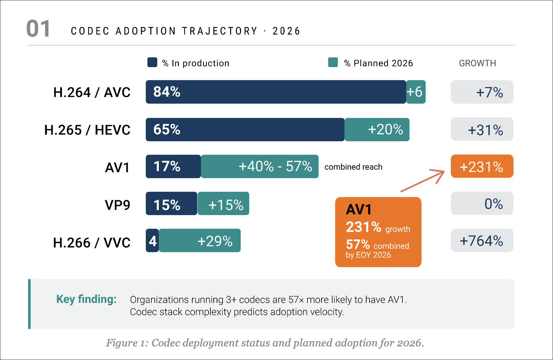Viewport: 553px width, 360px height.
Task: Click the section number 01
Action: click(x=38, y=29)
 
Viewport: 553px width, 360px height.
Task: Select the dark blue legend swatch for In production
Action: click(x=152, y=62)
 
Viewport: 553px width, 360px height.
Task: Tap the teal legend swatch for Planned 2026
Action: click(x=333, y=62)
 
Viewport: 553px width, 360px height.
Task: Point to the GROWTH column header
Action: click(x=477, y=63)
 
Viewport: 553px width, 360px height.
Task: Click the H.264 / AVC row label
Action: click(x=92, y=92)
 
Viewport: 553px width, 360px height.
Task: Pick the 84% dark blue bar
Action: click(x=276, y=92)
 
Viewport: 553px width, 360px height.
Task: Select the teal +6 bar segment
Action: click(x=416, y=92)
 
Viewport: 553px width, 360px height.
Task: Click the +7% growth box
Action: click(x=482, y=92)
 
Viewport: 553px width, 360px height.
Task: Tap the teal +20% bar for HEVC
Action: click(x=377, y=129)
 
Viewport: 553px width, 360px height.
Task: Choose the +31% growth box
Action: click(x=482, y=129)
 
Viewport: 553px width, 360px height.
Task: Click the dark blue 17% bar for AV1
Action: click(x=173, y=166)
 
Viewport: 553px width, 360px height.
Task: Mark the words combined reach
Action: click(x=353, y=167)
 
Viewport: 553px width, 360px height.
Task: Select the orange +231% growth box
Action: click(x=482, y=166)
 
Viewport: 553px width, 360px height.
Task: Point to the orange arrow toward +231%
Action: click(x=423, y=181)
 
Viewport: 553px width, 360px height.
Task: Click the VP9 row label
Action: click(x=117, y=205)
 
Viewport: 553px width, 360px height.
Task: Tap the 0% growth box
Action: click(x=482, y=203)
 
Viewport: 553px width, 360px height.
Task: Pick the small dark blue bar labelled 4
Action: click(x=152, y=241)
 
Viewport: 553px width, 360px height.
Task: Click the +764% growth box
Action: click(x=482, y=240)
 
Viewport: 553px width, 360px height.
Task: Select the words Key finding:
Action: click(x=86, y=299)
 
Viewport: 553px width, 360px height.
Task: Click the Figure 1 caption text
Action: click(x=265, y=343)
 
